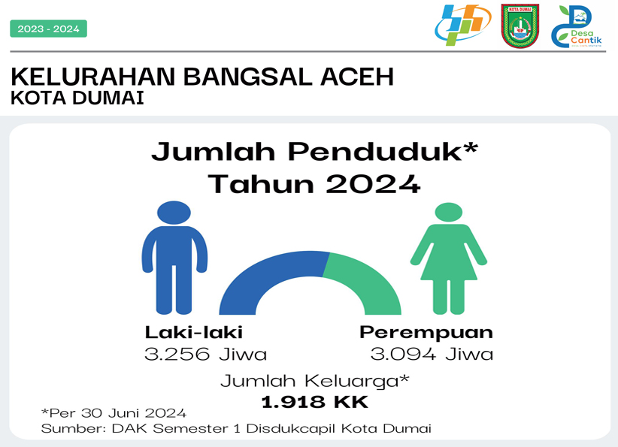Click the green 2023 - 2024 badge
point(48,29)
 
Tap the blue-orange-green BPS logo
point(462,25)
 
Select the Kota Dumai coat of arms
point(520,26)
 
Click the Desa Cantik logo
point(577,26)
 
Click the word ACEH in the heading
point(357,77)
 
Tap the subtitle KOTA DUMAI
point(77,98)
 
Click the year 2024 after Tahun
point(373,184)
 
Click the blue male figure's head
point(174,213)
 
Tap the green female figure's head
point(449,213)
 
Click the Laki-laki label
point(193,332)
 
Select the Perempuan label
point(426,333)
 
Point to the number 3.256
point(177,354)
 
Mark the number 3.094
point(403,354)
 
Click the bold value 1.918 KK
point(314,402)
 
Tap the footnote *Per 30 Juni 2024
point(114,412)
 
